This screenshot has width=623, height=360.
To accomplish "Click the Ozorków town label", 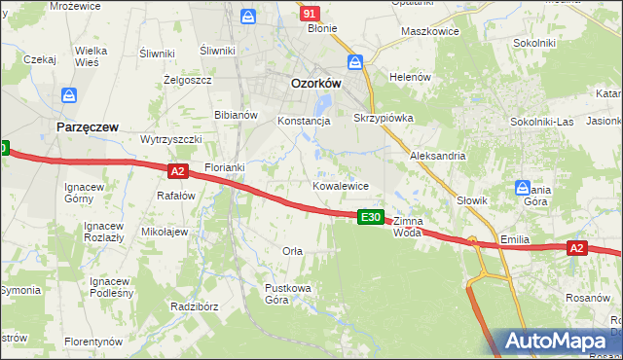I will click(316, 84).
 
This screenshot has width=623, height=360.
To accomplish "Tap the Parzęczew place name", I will click(87, 127).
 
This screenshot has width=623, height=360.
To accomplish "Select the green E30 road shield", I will click(370, 217).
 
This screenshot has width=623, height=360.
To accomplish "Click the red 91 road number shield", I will click(310, 14).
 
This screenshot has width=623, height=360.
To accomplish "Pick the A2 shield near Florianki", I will click(176, 171).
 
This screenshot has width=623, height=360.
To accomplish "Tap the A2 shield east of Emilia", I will click(576, 249).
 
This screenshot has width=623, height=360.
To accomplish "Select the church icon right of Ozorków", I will click(356, 62).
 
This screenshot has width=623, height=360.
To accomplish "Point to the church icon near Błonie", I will click(248, 17).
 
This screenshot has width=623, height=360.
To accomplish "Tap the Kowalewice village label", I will click(340, 185).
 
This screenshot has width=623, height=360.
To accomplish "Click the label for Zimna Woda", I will click(410, 227).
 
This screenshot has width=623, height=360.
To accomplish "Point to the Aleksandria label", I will click(438, 156).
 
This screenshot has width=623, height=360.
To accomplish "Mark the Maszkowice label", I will click(429, 31).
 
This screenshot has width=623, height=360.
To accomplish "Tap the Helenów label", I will click(410, 77).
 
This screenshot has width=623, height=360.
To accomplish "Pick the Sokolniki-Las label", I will click(542, 122).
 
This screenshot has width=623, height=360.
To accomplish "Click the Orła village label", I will click(292, 251).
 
